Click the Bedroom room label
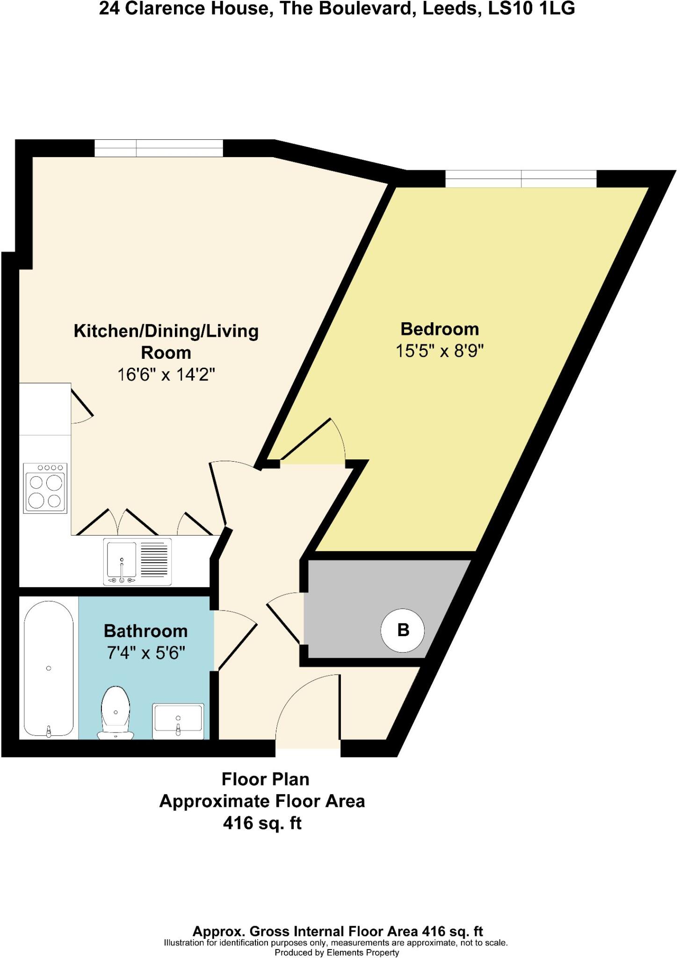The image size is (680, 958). (x=439, y=329)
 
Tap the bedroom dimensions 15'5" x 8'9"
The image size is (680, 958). (x=439, y=351)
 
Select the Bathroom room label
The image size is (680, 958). (x=145, y=631)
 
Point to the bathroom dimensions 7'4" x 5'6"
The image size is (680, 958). (x=146, y=653)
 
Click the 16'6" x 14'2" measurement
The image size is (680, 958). (x=166, y=375)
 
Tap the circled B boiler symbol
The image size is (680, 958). (x=402, y=630)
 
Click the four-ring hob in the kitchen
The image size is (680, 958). (x=45, y=488)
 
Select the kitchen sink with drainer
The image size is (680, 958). (x=137, y=561)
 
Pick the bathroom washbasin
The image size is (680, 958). (x=178, y=721)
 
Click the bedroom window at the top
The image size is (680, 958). (x=521, y=179)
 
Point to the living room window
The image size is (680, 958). (x=159, y=148)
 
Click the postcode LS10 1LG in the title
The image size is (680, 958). (x=531, y=8)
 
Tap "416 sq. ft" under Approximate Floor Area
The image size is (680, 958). (x=262, y=823)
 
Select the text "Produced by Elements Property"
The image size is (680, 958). (x=337, y=952)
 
